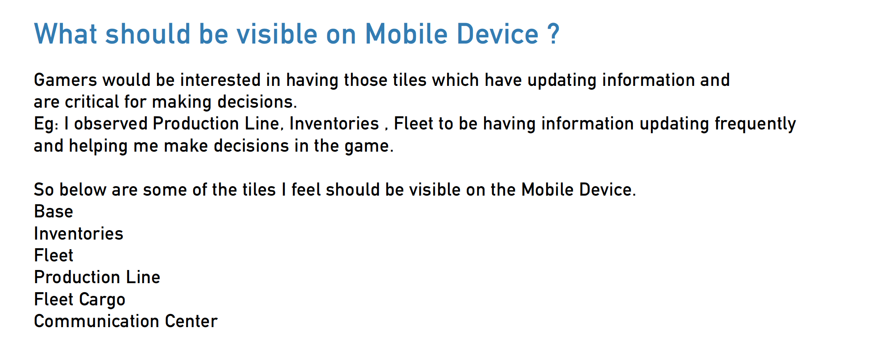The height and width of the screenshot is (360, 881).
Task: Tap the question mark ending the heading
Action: click(553, 33)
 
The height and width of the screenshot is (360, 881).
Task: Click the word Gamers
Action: click(65, 80)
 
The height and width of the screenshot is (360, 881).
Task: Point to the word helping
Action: click(98, 146)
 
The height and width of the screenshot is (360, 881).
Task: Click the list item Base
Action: click(54, 211)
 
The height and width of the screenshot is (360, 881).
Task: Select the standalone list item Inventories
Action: click(79, 233)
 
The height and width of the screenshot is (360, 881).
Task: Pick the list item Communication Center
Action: click(126, 321)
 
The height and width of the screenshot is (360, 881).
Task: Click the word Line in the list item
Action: click(143, 277)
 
